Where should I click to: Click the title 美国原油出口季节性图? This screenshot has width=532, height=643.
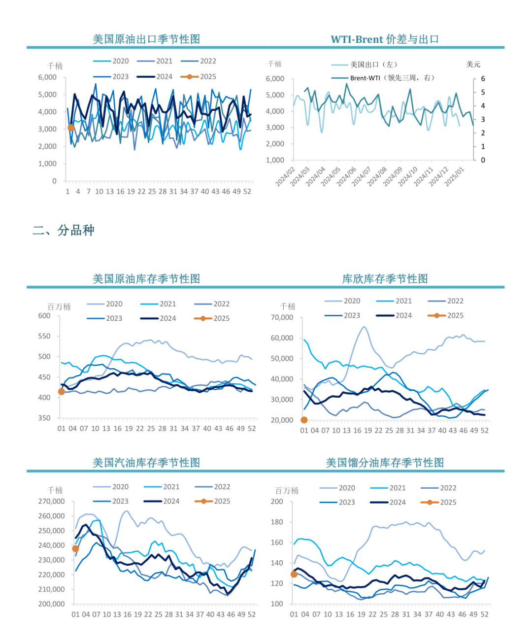click(x=146, y=39)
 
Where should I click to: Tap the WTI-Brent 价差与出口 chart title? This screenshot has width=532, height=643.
click(x=385, y=39)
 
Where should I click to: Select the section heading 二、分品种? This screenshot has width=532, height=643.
click(x=64, y=230)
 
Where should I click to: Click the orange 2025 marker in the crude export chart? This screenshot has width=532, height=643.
click(x=71, y=128)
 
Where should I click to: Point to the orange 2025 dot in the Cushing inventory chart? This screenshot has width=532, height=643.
click(x=304, y=420)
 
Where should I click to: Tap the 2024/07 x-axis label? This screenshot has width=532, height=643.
click(x=362, y=176)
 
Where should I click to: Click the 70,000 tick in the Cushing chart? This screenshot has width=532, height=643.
click(x=282, y=318)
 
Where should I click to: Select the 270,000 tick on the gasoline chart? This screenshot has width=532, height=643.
click(x=51, y=501)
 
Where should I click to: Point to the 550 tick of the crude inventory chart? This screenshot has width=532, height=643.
click(x=44, y=336)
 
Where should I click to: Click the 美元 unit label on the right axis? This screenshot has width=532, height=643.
click(x=473, y=65)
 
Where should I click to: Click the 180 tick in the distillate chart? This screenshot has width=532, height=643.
click(x=277, y=522)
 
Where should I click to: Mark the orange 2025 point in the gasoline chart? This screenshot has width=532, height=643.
click(x=75, y=548)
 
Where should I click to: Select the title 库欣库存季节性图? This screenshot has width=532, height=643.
click(x=385, y=279)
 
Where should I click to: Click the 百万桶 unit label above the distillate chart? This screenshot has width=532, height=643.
click(x=287, y=491)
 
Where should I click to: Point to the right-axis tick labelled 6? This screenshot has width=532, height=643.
click(x=483, y=79)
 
